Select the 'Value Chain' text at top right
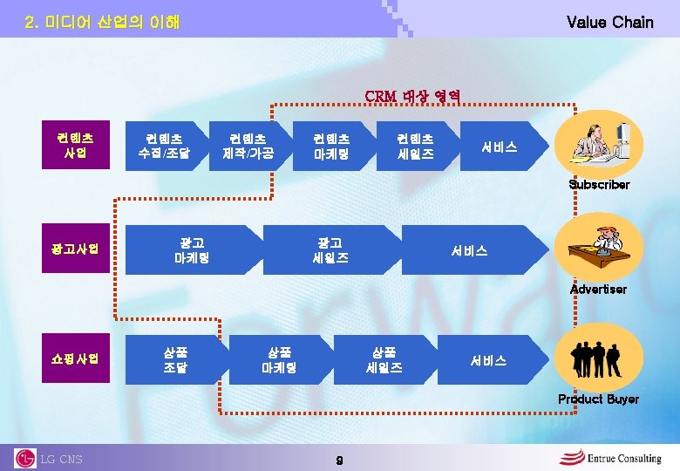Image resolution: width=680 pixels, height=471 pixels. pos(609,22)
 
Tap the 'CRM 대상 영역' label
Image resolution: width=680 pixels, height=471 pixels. pos(412,95)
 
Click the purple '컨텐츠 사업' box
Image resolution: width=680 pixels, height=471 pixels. pos(77,146)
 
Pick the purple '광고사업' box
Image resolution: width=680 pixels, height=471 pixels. pos(77,249)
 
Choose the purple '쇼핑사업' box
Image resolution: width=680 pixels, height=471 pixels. pos(77,358)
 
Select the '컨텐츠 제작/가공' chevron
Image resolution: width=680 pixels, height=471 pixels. pos(248,146)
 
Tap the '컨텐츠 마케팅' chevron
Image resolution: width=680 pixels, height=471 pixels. pos(331,146)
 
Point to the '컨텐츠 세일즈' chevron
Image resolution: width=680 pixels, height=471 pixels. pos(415,146)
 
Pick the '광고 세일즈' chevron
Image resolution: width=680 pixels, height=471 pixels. pos(331,250)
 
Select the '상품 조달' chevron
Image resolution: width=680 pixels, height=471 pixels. pos(175,359)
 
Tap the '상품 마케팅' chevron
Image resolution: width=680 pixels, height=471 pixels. pos(279,359)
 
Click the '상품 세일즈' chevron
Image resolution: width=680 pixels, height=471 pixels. pos(384,359)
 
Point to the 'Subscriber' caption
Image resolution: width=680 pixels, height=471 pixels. pos(599,185)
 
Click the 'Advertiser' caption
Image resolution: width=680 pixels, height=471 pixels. pos(598,289)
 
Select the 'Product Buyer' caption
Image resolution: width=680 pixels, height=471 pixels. pos(598,399)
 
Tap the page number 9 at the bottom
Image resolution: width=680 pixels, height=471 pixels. pos(339,459)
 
